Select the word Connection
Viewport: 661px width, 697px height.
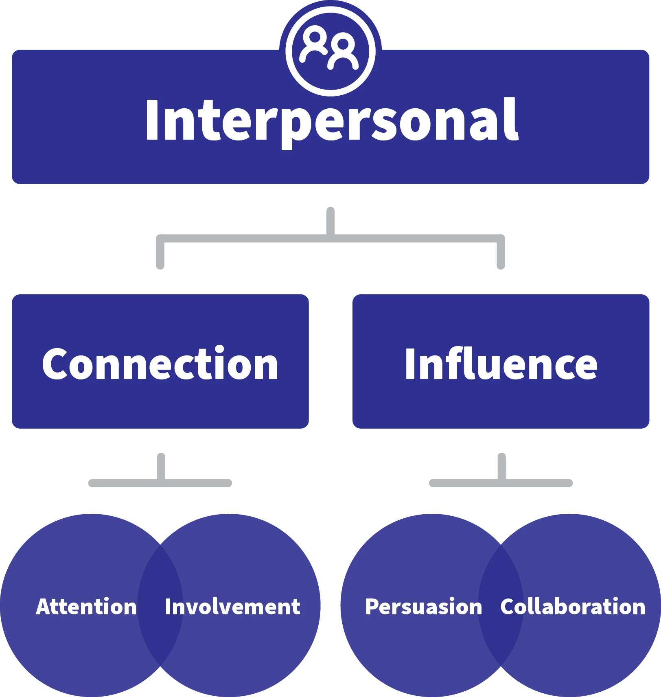pyautogui.click(x=160, y=364)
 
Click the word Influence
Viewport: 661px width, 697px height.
pyautogui.click(x=501, y=364)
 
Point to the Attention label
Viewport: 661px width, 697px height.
pyautogui.click(x=86, y=607)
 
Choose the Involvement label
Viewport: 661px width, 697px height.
pyautogui.click(x=232, y=607)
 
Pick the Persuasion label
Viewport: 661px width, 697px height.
pyautogui.click(x=423, y=607)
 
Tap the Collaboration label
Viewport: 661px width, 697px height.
pyautogui.click(x=573, y=607)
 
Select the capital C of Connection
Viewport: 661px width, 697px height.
pyautogui.click(x=55, y=364)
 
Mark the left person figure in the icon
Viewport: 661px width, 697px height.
pyautogui.click(x=314, y=45)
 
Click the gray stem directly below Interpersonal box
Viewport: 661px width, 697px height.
pyautogui.click(x=330, y=218)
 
